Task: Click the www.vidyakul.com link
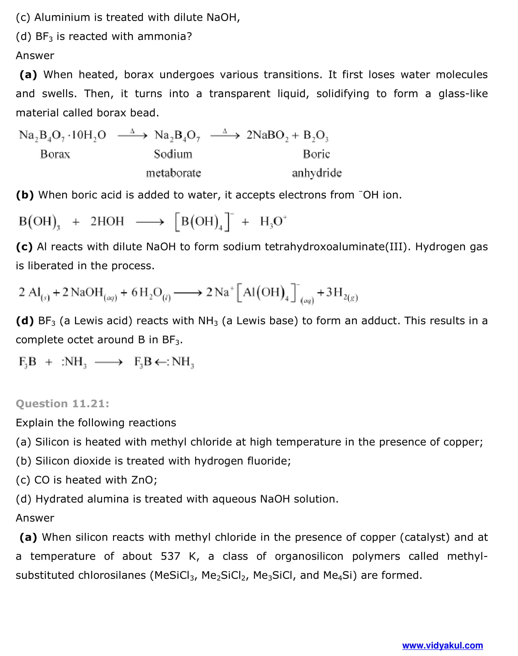pyautogui.click(x=442, y=645)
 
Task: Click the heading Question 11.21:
pyautogui.click(x=63, y=404)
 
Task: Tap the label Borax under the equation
pyautogui.click(x=55, y=154)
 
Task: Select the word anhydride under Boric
pyautogui.click(x=316, y=173)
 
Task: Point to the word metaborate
pyautogui.click(x=173, y=173)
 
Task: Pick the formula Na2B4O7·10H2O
pyautogui.click(x=63, y=135)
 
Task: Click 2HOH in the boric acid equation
pyautogui.click(x=107, y=221)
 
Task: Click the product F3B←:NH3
pyautogui.click(x=164, y=362)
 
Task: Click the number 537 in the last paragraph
pyautogui.click(x=170, y=556)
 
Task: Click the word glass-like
pyautogui.click(x=463, y=94)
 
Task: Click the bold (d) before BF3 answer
pyautogui.click(x=25, y=321)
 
